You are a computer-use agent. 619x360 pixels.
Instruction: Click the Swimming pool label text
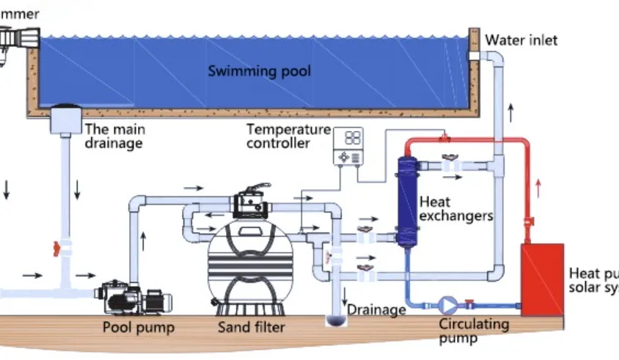(x=259, y=71)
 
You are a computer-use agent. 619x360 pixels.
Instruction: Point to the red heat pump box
(x=542, y=279)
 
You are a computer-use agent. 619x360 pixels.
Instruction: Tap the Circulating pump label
(x=473, y=331)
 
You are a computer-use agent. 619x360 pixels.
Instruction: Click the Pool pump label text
(x=139, y=327)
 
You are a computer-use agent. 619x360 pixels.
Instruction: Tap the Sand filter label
(x=252, y=327)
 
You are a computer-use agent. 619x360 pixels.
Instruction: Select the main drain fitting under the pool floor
(x=68, y=119)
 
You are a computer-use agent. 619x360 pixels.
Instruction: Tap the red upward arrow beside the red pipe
(x=540, y=186)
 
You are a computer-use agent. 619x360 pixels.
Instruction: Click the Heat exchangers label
(x=455, y=208)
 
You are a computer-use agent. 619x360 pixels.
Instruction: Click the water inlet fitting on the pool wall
(x=475, y=56)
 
